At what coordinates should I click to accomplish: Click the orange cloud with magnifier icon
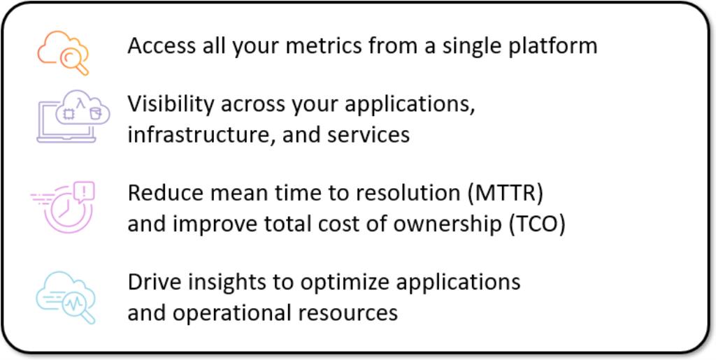(x=63, y=52)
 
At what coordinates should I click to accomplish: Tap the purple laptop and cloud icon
(x=73, y=116)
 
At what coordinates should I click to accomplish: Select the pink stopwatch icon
(x=63, y=207)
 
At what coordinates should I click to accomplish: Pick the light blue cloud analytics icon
(x=66, y=298)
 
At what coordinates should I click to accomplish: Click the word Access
(x=155, y=45)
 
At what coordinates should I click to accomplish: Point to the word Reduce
(x=159, y=194)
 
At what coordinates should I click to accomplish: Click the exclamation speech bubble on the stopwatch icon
(x=84, y=192)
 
